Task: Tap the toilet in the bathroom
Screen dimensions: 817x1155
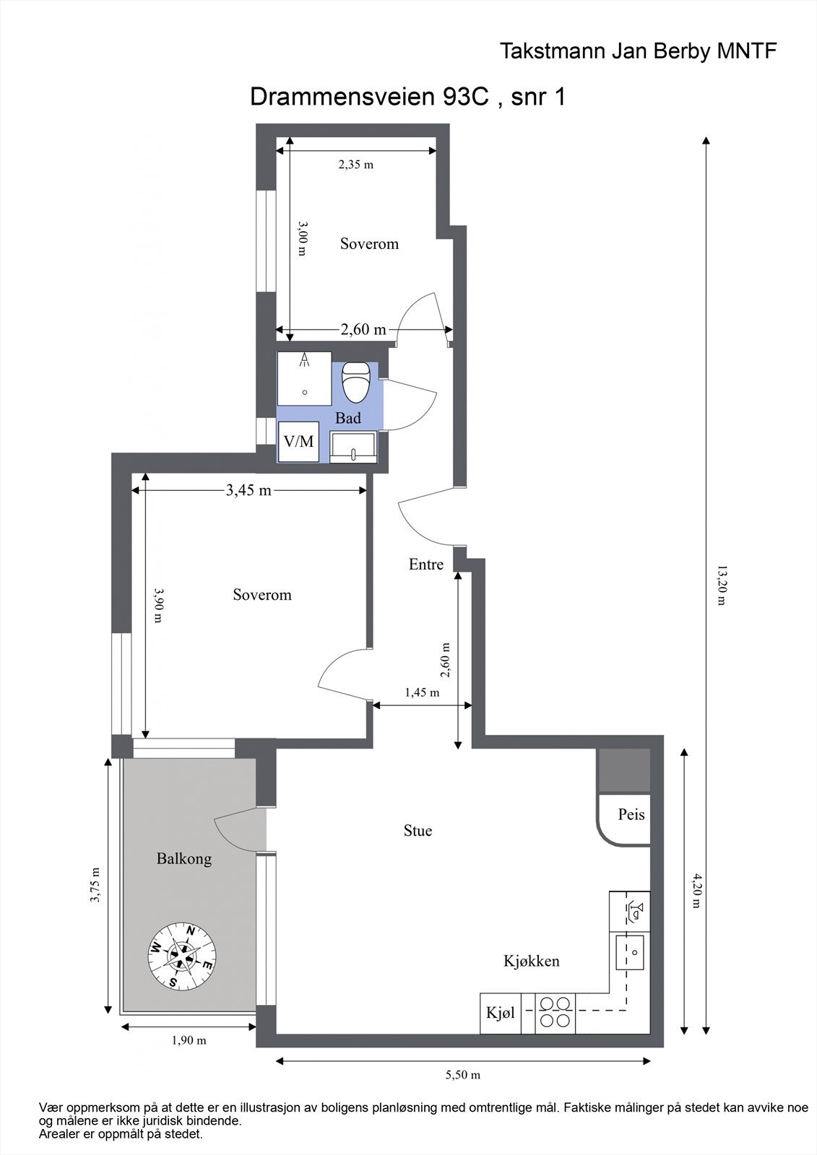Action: pyautogui.click(x=357, y=382)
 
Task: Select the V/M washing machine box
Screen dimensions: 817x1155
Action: pyautogui.click(x=299, y=441)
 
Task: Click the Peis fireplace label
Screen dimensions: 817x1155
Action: pyautogui.click(x=631, y=815)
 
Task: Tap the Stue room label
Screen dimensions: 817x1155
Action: pyautogui.click(x=418, y=831)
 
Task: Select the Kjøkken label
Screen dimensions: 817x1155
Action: pyautogui.click(x=532, y=961)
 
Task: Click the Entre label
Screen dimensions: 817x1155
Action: pyautogui.click(x=425, y=564)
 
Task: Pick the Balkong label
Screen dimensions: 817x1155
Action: pyautogui.click(x=184, y=859)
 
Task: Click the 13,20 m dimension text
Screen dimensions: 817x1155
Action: pyautogui.click(x=722, y=585)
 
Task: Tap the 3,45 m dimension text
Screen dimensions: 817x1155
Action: pyautogui.click(x=248, y=490)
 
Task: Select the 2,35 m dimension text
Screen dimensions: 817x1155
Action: pyautogui.click(x=355, y=165)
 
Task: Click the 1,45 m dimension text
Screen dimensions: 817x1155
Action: pyautogui.click(x=422, y=692)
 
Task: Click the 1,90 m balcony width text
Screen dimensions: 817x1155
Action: pyautogui.click(x=189, y=1040)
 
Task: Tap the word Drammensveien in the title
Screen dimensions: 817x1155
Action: pyautogui.click(x=343, y=97)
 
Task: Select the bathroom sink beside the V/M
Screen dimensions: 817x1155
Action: pyautogui.click(x=353, y=448)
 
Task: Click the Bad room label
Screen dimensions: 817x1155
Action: pyautogui.click(x=348, y=418)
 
